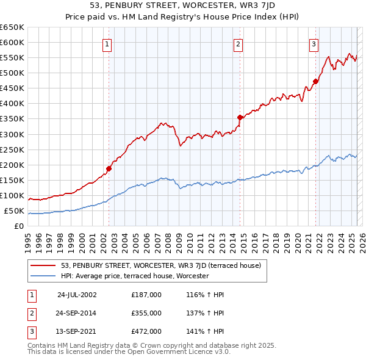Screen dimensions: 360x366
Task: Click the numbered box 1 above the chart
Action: tap(107, 43)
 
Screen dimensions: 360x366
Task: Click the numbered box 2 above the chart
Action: tap(238, 43)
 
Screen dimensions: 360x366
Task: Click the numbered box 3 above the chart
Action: tap(314, 43)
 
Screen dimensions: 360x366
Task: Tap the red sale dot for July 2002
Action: tap(109, 168)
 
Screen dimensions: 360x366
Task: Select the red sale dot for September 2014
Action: tap(240, 117)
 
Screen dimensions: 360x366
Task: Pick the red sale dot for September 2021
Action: tap(315, 81)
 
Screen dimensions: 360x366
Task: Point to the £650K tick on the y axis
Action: tap(12, 27)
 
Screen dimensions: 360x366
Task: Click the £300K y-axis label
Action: tap(12, 134)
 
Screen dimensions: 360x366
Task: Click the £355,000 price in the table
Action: tap(146, 313)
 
